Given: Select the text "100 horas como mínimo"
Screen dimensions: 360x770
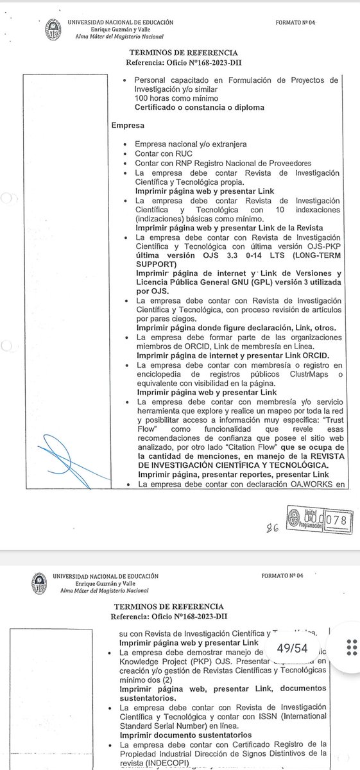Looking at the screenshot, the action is [x=173, y=98].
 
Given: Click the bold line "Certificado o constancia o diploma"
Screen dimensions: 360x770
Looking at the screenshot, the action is [x=200, y=108].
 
